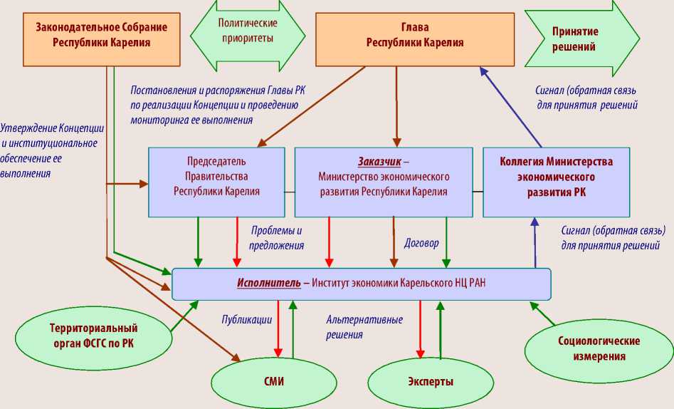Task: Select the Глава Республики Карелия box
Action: pos(415,35)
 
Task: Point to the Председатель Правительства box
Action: pos(216,182)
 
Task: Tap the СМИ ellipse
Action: pos(273,380)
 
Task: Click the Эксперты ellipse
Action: pos(430,381)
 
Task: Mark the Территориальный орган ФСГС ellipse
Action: pos(93,336)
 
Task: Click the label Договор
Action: pos(421,242)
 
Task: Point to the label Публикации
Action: pos(246,320)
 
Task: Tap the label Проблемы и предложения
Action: pos(278,238)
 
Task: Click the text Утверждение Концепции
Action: pos(53,128)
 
